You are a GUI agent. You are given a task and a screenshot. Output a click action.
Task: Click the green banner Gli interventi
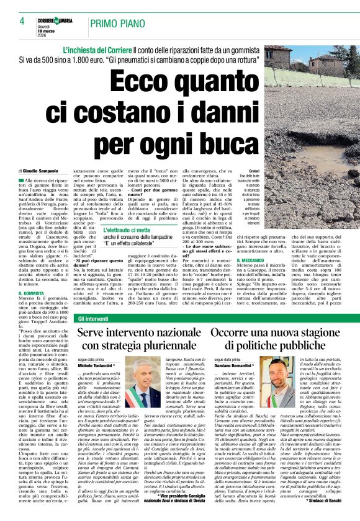[93, 318]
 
